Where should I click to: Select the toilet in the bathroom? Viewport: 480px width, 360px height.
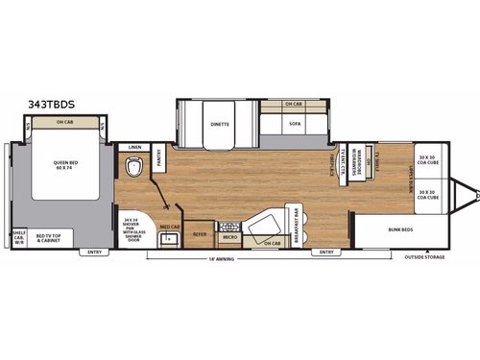pos(133,166)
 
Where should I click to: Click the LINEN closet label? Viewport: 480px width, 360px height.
pos(134,147)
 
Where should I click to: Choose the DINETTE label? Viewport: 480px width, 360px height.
pos(220,123)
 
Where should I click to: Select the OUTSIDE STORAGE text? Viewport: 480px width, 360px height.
pos(424,257)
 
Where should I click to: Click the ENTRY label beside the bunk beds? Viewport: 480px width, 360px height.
pos(327,252)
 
